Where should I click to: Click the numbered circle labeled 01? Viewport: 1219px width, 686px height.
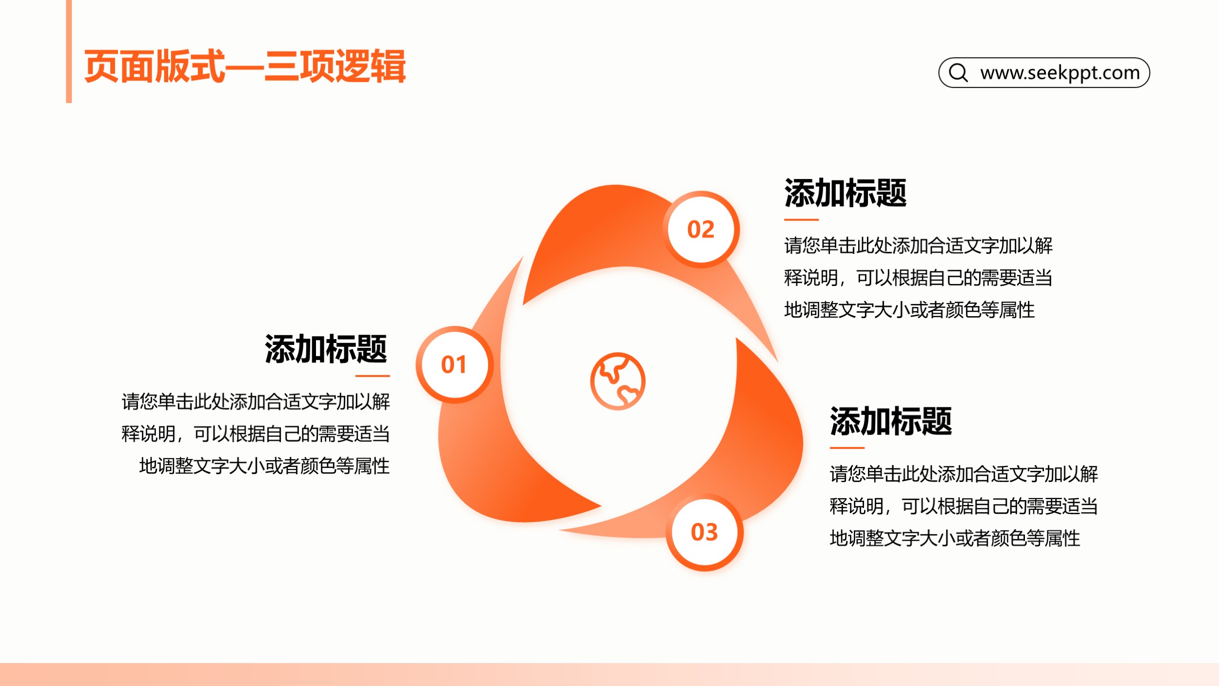coord(454,364)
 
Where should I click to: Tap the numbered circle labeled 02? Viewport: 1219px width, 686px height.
coord(701,229)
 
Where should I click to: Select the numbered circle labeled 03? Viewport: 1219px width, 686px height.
coord(705,532)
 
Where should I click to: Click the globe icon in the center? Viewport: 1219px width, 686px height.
coord(618,381)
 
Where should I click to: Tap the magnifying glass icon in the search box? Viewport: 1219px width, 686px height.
coord(958,73)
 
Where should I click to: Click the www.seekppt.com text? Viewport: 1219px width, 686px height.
coord(1060,73)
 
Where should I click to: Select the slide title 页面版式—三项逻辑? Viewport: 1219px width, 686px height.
coord(245,66)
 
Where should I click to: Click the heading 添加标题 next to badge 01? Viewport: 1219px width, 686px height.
coord(326,349)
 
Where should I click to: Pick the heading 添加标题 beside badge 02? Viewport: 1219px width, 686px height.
coord(845,193)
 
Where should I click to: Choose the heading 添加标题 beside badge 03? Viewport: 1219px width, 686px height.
coord(891,421)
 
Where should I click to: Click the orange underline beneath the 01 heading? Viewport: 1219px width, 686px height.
coord(373,376)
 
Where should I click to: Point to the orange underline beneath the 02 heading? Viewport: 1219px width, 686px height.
coord(801,220)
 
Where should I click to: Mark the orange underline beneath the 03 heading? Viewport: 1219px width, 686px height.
coord(847,447)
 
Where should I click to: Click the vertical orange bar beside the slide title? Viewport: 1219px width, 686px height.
coord(69,51)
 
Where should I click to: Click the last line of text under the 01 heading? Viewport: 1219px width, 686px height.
coord(264,466)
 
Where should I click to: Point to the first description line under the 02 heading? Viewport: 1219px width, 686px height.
coord(918,245)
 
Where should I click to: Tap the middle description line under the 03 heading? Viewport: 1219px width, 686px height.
coord(963,506)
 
